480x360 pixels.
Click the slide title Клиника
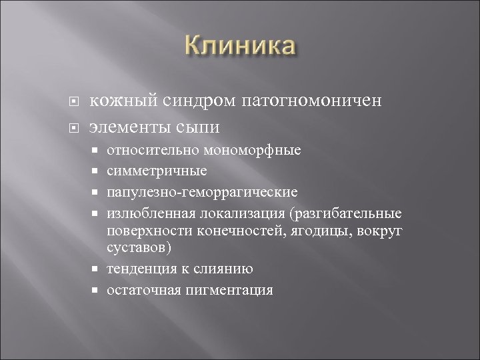tap(239, 47)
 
